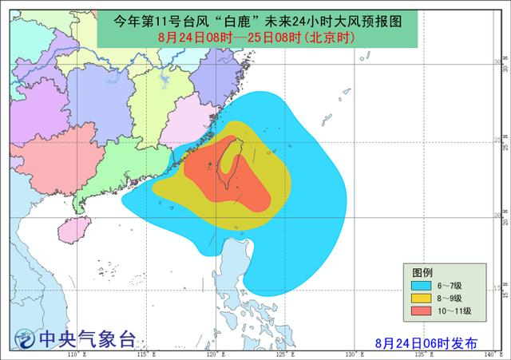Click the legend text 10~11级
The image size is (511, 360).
pyautogui.click(x=454, y=311)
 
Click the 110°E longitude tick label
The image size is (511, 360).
pyautogui.click(x=76, y=354)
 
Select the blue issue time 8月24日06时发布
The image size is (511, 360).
pyautogui.click(x=427, y=342)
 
